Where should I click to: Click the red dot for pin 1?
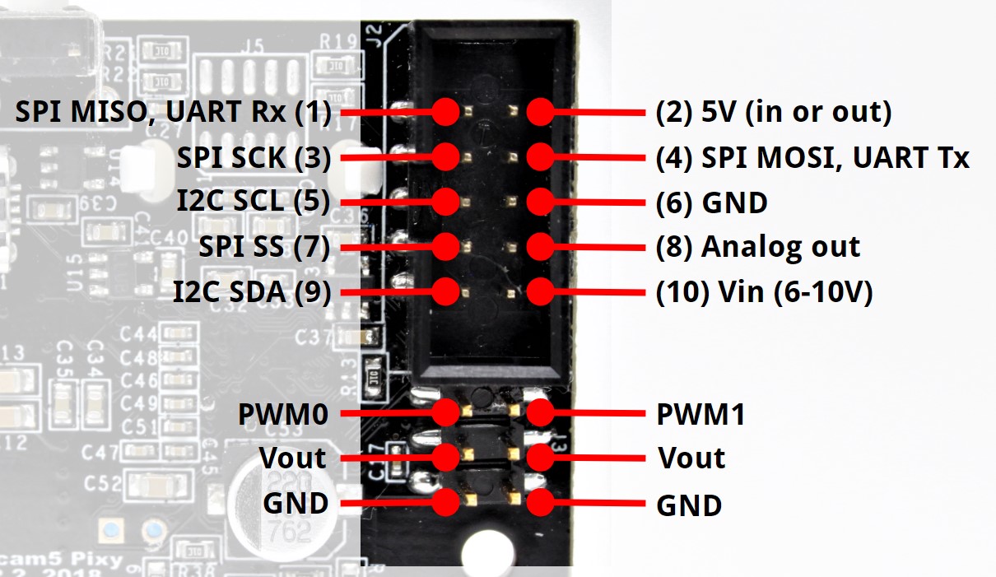click(x=445, y=111)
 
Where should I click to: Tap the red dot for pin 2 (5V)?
click(x=540, y=111)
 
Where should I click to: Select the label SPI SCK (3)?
click(x=254, y=156)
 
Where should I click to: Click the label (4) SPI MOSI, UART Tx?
click(x=812, y=156)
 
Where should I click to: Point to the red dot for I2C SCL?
click(x=445, y=201)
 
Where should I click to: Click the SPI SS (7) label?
click(x=264, y=246)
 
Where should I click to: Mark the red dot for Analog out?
click(x=540, y=245)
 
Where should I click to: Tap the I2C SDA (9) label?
click(x=251, y=291)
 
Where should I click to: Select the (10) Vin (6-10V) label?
click(x=763, y=291)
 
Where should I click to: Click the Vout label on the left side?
click(x=292, y=458)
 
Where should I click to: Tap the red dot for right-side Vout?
click(x=540, y=458)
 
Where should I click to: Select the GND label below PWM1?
click(x=689, y=505)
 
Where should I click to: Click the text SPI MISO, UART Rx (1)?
click(x=173, y=112)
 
